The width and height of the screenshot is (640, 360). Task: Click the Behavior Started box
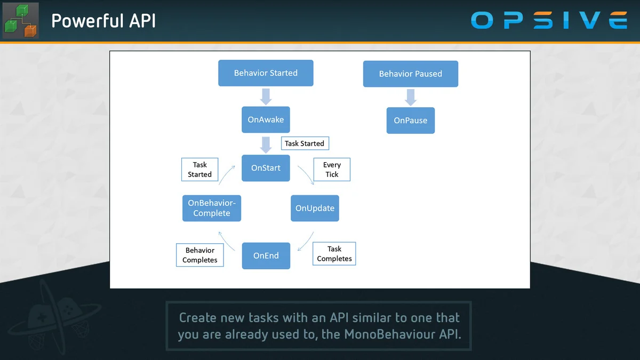click(x=266, y=73)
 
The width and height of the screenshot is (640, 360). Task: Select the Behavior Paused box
click(x=410, y=74)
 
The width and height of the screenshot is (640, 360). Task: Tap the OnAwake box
click(x=266, y=120)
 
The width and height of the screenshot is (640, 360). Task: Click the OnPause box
click(x=410, y=121)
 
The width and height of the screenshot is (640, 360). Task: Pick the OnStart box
click(x=266, y=168)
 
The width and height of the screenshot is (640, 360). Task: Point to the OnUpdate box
click(x=315, y=208)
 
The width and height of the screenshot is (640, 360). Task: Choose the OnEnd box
click(x=266, y=255)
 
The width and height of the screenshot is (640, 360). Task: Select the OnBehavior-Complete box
click(x=212, y=208)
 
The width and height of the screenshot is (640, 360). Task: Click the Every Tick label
click(x=332, y=170)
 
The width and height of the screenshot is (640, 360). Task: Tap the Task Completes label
click(x=334, y=254)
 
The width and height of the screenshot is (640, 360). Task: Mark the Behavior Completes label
click(x=200, y=255)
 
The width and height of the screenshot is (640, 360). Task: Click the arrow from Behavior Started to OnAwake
click(x=266, y=97)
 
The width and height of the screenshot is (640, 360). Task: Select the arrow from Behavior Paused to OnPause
click(x=410, y=97)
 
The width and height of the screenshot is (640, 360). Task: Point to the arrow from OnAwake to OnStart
click(x=266, y=144)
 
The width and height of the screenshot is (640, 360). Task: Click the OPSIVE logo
click(x=549, y=21)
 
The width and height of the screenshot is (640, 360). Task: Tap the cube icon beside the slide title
click(x=20, y=21)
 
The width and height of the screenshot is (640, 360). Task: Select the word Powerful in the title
click(x=82, y=21)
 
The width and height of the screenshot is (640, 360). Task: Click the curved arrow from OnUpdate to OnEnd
click(x=306, y=241)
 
